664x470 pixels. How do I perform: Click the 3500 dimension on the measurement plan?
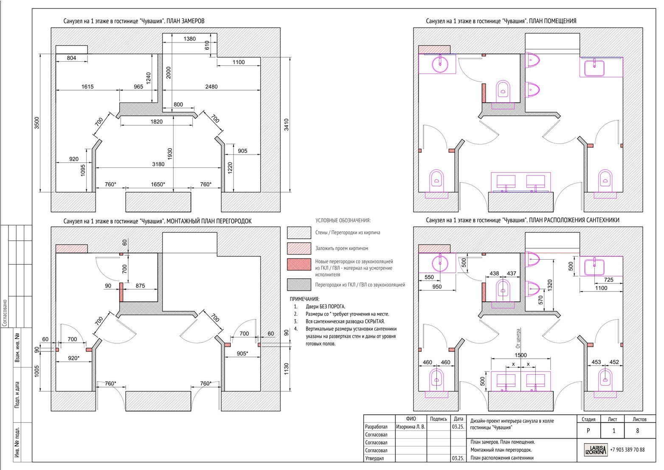click(37, 123)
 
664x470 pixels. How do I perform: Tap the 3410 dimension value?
click(286, 125)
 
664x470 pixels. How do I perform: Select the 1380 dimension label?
click(189, 39)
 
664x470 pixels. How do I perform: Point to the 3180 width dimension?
click(158, 164)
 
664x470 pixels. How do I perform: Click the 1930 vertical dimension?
click(170, 154)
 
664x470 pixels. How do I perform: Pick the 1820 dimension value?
click(157, 122)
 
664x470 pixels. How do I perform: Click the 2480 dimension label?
click(211, 87)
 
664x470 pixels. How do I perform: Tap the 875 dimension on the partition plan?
click(140, 286)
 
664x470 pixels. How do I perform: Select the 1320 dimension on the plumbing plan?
click(550, 286)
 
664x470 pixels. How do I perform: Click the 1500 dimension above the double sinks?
click(521, 355)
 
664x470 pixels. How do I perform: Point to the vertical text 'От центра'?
click(518, 338)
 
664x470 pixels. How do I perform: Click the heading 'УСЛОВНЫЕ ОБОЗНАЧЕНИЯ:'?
click(343, 221)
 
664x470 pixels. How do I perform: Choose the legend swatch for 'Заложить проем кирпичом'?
click(299, 248)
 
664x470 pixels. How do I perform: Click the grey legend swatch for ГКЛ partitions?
click(299, 285)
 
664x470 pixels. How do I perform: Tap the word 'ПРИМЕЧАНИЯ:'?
click(304, 299)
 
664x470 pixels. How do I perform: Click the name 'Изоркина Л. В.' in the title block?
click(411, 427)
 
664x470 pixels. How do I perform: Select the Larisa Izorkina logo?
click(596, 450)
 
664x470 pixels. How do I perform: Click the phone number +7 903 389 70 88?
click(627, 450)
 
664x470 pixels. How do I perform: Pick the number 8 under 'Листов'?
click(638, 430)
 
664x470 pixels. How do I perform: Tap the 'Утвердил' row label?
click(374, 458)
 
